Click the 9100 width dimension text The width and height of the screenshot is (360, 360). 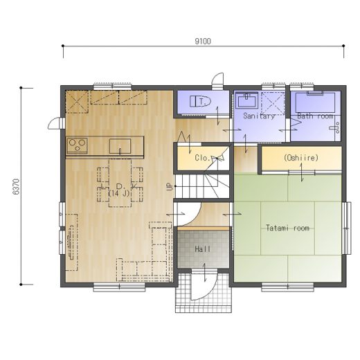(203, 42)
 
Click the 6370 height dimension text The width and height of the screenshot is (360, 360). (17, 186)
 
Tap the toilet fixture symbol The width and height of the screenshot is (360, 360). (201, 101)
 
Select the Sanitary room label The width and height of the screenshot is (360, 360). (260, 116)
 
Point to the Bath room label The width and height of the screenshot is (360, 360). (315, 116)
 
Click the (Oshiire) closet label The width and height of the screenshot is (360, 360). (301, 158)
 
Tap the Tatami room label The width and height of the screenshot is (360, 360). (287, 228)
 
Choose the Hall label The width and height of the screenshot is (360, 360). (203, 249)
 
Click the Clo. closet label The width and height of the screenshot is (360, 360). (202, 158)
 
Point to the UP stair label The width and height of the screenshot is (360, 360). (170, 186)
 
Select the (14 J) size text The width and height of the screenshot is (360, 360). (119, 193)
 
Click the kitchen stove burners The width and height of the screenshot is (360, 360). (77, 145)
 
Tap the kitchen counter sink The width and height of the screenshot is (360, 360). (120, 146)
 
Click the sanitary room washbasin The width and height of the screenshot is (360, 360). (246, 100)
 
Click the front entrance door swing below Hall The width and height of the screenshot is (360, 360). (204, 285)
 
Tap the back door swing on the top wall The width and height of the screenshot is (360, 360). (218, 81)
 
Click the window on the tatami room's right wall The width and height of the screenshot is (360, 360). (347, 228)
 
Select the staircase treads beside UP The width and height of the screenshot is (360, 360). (202, 186)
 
